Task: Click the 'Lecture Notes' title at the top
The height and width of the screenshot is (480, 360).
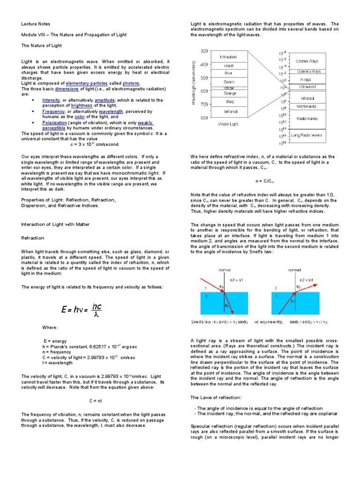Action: coord(36,24)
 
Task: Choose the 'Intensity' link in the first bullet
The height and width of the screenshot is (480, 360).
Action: coord(51,100)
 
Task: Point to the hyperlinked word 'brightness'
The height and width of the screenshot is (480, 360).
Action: coord(82,105)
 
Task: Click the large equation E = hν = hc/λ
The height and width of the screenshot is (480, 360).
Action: coord(82,308)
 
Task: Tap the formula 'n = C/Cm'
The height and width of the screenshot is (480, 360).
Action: coord(265,180)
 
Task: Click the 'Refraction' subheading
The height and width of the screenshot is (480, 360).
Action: coord(33,238)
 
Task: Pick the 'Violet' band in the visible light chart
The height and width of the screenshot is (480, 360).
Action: coord(228,66)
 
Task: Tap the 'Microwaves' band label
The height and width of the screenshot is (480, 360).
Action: coord(306,107)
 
